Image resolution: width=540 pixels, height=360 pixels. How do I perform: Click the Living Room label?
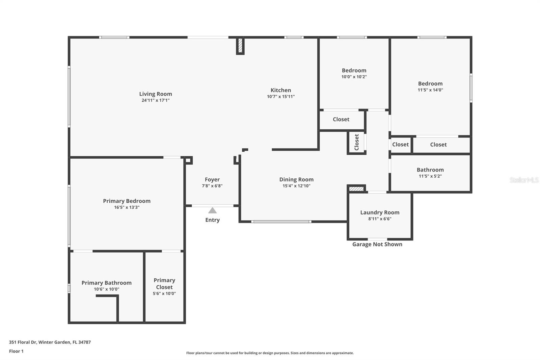click(156, 94)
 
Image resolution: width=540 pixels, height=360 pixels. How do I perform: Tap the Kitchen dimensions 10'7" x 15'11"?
click(281, 97)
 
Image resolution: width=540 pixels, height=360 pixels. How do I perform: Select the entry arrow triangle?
click(212, 210)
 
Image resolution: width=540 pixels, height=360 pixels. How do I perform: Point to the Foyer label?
click(212, 180)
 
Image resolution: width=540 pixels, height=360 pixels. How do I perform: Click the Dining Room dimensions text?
click(297, 186)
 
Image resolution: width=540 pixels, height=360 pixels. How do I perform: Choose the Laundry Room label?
click(380, 212)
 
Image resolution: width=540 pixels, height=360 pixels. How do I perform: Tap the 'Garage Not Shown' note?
click(377, 244)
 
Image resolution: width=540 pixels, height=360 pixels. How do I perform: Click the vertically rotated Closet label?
click(357, 142)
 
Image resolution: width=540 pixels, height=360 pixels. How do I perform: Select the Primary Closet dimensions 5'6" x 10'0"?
click(164, 293)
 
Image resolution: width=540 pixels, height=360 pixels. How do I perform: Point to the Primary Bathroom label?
click(107, 283)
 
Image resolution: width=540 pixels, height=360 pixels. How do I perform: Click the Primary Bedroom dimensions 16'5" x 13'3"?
click(127, 207)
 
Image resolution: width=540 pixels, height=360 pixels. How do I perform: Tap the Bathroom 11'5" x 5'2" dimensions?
click(430, 176)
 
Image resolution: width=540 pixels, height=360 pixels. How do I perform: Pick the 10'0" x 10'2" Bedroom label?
click(354, 71)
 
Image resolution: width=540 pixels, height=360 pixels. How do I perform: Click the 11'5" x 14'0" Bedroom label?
click(430, 83)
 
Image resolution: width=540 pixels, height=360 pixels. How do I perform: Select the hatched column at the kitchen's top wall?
click(240, 46)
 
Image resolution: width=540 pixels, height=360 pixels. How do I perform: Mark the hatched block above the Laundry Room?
click(356, 189)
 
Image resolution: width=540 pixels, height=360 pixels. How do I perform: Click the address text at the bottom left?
click(50, 342)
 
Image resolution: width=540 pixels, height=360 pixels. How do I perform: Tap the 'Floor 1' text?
click(17, 351)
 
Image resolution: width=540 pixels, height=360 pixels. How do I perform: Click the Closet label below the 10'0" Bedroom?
click(341, 119)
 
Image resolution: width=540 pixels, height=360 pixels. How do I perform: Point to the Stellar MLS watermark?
click(524, 180)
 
